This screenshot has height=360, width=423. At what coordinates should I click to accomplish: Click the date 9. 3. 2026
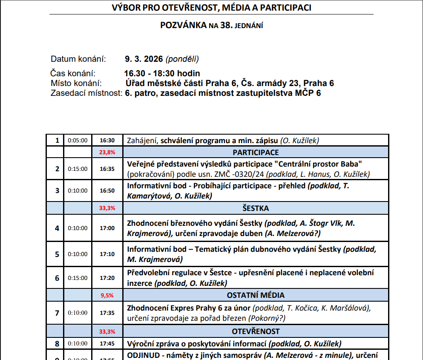pyautogui.click(x=144, y=59)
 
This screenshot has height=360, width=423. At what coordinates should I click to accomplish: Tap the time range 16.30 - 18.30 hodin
pyautogui.click(x=162, y=73)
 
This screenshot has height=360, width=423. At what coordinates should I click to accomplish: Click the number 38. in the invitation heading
pyautogui.click(x=226, y=25)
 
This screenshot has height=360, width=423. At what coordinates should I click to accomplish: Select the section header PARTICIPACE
pyautogui.click(x=256, y=153)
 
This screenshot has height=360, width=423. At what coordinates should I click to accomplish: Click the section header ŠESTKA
pyautogui.click(x=256, y=208)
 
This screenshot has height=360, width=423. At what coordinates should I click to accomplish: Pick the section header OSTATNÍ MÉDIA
pyautogui.click(x=256, y=295)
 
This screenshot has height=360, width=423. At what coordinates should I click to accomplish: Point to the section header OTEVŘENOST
pyautogui.click(x=256, y=331)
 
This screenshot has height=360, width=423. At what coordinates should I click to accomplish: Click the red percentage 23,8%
pyautogui.click(x=107, y=153)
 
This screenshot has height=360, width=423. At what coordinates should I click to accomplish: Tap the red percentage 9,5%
pyautogui.click(x=107, y=295)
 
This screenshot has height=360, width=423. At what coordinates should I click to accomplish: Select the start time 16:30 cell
pyautogui.click(x=107, y=140)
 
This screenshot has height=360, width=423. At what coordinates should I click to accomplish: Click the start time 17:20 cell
pyautogui.click(x=107, y=278)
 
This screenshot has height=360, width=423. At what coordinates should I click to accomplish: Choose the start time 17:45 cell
pyautogui.click(x=107, y=343)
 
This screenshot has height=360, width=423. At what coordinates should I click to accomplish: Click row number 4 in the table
pyautogui.click(x=57, y=228)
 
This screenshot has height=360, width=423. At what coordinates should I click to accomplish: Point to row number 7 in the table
pyautogui.click(x=57, y=313)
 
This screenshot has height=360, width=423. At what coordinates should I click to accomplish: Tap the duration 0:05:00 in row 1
pyautogui.click(x=78, y=140)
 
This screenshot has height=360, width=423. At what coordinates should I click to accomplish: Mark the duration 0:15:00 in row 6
pyautogui.click(x=78, y=278)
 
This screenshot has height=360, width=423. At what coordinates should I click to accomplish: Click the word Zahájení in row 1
pyautogui.click(x=143, y=140)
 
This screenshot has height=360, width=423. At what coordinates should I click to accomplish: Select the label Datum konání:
pyautogui.click(x=78, y=59)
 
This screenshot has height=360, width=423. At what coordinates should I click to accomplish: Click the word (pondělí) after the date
pyautogui.click(x=182, y=59)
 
